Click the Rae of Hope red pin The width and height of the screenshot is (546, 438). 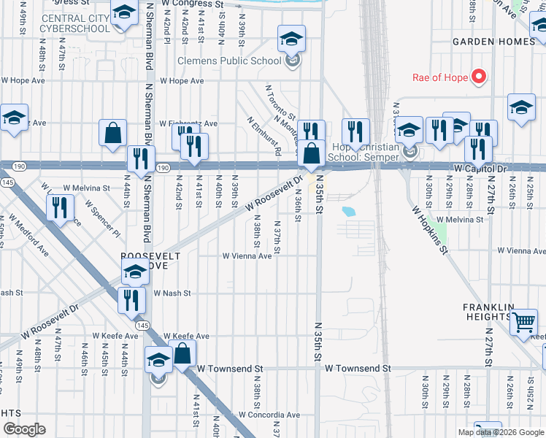pos(479,76)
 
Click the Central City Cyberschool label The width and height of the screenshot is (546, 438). pos(76,23)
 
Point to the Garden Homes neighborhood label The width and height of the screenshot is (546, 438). pos(493,42)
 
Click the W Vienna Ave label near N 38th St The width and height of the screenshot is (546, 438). pos(247,256)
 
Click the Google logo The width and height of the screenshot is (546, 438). pos(24,429)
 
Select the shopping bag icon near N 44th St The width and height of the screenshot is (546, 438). pos(113,134)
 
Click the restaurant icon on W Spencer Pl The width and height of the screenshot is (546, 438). pos(59,207)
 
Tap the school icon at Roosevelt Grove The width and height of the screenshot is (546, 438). pos(135,274)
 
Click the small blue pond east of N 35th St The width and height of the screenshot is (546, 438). pos(348,212)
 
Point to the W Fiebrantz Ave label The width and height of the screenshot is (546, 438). pos(188,123)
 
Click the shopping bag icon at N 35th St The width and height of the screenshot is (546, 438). pos(311,154)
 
